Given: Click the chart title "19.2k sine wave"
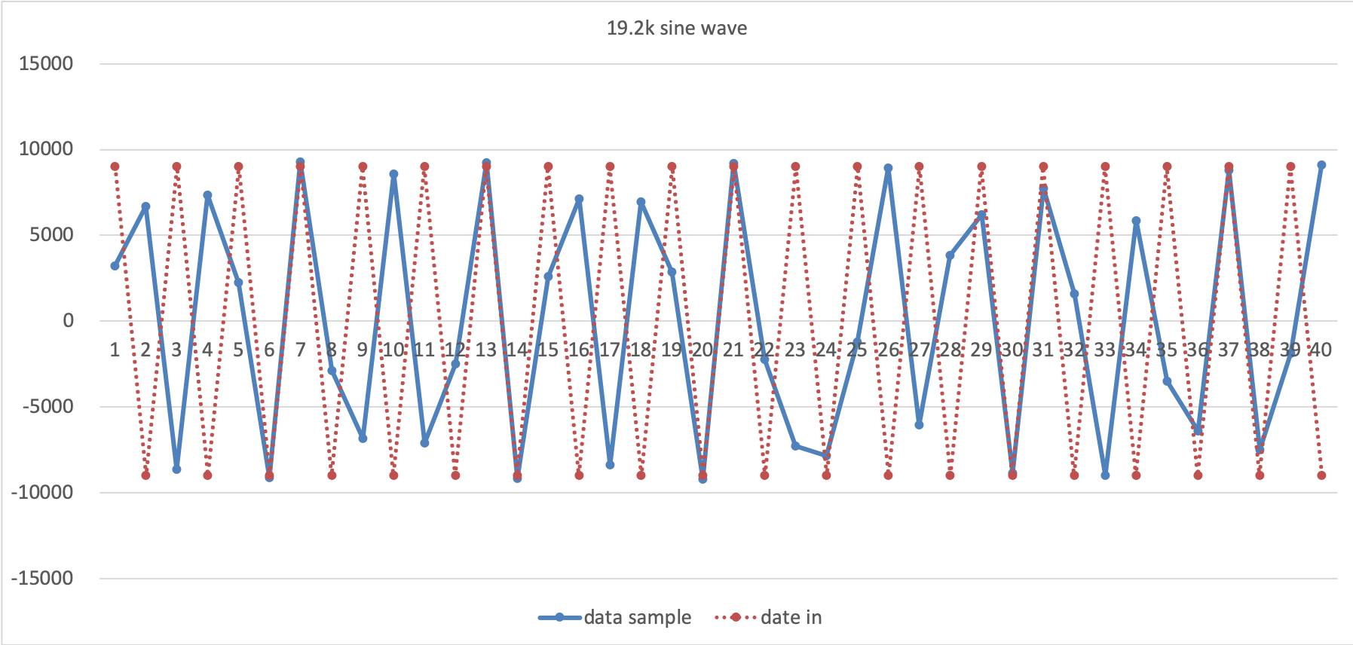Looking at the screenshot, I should pos(677,29).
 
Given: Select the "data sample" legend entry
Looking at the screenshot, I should pos(637,618).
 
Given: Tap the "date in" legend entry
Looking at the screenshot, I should pos(791,618).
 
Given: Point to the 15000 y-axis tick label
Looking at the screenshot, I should pos(46,64).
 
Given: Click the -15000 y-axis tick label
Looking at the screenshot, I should pos(42,579).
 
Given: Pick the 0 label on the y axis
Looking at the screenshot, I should pos(68,321).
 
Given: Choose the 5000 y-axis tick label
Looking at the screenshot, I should pos(51,235).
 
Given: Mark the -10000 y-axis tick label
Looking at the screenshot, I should pos(42,493).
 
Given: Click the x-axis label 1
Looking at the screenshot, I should pos(115,350).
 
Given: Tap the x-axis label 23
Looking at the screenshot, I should pos(795,350).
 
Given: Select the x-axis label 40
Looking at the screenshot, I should pos(1321,350).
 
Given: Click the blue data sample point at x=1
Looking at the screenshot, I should pos(115,266).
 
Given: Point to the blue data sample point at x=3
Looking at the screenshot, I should pos(176,469).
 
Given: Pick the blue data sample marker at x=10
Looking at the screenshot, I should pos(393,174).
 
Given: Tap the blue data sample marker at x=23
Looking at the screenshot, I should pos(795,446).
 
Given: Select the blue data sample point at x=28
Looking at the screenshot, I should pos(950,255).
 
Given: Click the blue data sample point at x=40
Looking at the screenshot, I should pos(1321,165).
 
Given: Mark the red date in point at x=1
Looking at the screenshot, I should pos(115,167).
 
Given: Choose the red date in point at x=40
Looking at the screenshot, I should pos(1321,475).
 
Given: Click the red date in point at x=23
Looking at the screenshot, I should pos(795,167).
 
